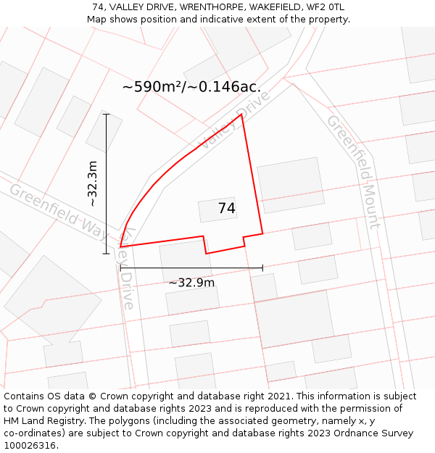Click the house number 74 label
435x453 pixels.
[227, 209]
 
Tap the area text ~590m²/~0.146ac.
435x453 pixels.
[191, 87]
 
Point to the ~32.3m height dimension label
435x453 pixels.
[93, 184]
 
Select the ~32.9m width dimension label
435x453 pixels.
[191, 283]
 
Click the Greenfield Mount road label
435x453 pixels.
[353, 171]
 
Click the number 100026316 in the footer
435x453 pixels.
[30, 445]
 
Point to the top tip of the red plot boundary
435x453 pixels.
[241, 114]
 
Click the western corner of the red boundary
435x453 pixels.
[120, 247]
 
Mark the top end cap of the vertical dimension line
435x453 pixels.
[107, 114]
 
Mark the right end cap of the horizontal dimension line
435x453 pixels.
[262, 268]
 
